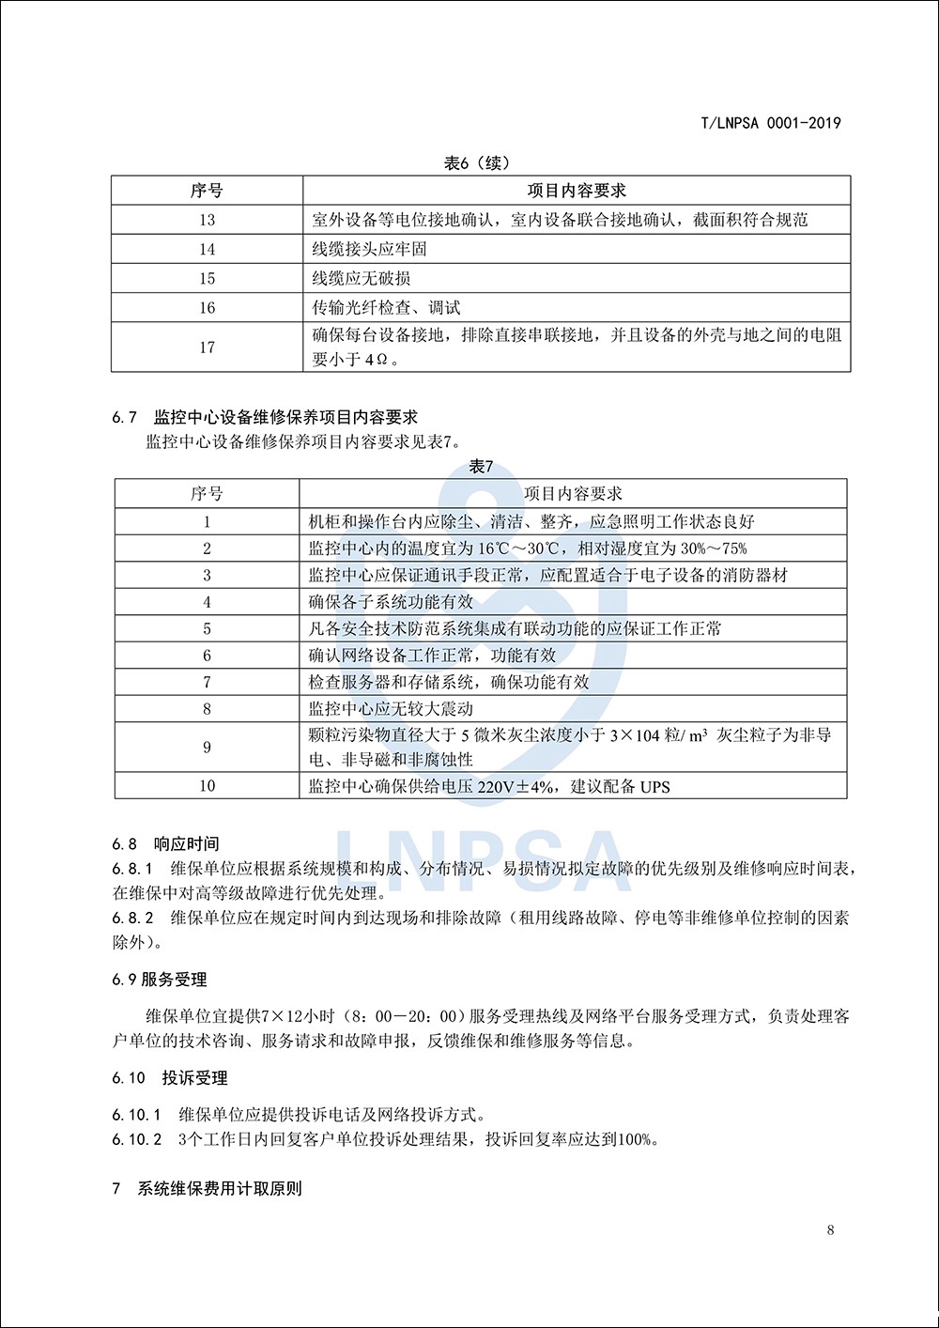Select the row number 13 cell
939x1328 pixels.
pyautogui.click(x=207, y=220)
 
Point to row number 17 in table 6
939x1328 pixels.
pyautogui.click(x=207, y=347)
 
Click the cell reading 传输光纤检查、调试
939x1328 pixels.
pyautogui.click(x=386, y=307)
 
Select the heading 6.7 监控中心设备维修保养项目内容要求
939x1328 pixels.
pyautogui.click(x=265, y=417)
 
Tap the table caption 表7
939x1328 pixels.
pyautogui.click(x=481, y=467)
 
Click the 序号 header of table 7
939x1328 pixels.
pyautogui.click(x=207, y=494)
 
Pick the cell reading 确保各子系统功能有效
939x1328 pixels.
pyautogui.click(x=391, y=602)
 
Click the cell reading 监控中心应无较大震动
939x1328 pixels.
pyautogui.click(x=391, y=709)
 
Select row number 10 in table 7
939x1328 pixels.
pyautogui.click(x=207, y=786)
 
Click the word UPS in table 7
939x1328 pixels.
pyautogui.click(x=654, y=787)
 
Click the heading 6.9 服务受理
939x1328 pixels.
pyautogui.click(x=160, y=980)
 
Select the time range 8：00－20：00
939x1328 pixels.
pyautogui.click(x=405, y=1016)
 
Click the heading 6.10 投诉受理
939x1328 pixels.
pyautogui.click(x=170, y=1078)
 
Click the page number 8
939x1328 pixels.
pyautogui.click(x=830, y=1230)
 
